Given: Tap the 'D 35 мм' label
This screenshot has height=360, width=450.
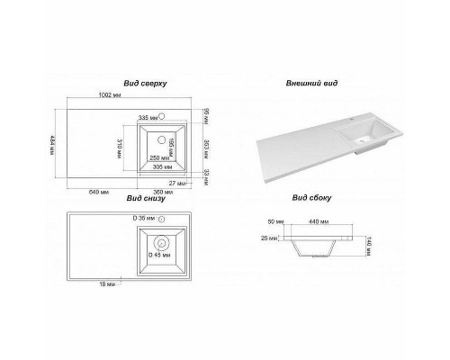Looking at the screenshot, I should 144,219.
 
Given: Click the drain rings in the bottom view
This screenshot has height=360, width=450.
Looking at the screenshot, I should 162,242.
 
